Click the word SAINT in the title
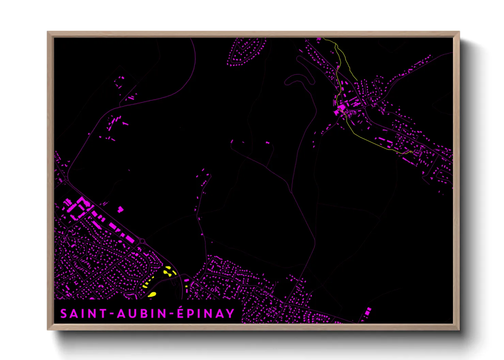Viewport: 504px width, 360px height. coord(83,314)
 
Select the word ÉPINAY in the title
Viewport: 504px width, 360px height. coord(206,313)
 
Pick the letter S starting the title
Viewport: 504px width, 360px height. coord(64,314)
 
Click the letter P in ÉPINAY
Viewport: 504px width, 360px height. coord(191,314)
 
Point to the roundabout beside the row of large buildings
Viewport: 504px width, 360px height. coord(142,241)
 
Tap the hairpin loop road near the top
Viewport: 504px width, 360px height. coord(300,77)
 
